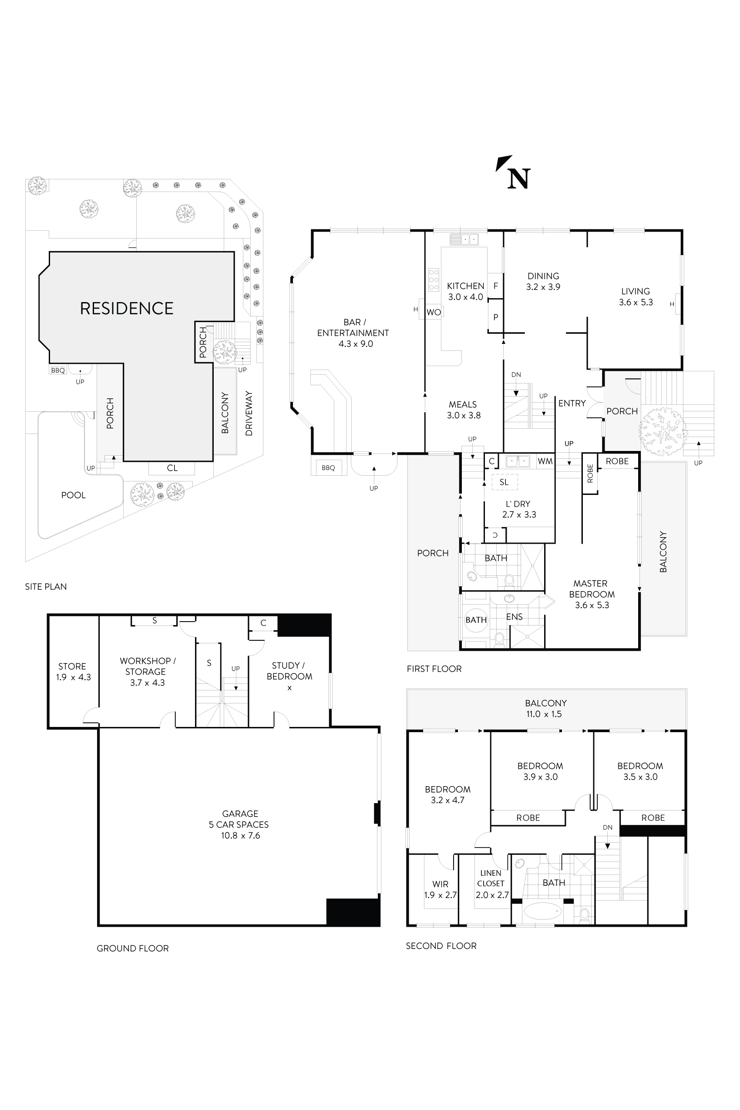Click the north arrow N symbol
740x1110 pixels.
tap(518, 179)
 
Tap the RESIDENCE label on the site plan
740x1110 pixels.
tap(127, 308)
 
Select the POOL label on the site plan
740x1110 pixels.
tap(73, 495)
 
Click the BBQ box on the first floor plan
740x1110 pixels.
tap(328, 468)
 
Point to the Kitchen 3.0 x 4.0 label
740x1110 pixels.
tap(465, 291)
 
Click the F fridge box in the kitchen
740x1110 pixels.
tap(495, 286)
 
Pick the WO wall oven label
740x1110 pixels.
tap(433, 312)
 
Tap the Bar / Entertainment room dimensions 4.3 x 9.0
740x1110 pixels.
tap(355, 344)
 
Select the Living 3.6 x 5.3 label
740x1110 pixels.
tap(635, 297)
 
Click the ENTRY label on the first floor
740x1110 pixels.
tap(572, 403)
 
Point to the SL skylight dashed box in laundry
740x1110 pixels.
tap(504, 482)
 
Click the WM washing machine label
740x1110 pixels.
tap(545, 461)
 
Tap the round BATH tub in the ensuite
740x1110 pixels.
tap(476, 620)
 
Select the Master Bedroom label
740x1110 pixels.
tap(591, 594)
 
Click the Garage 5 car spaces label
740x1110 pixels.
tap(240, 824)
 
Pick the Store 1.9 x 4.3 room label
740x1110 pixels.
tap(73, 672)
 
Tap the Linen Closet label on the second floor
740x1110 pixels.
tap(491, 884)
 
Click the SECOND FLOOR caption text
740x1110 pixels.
tap(441, 946)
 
